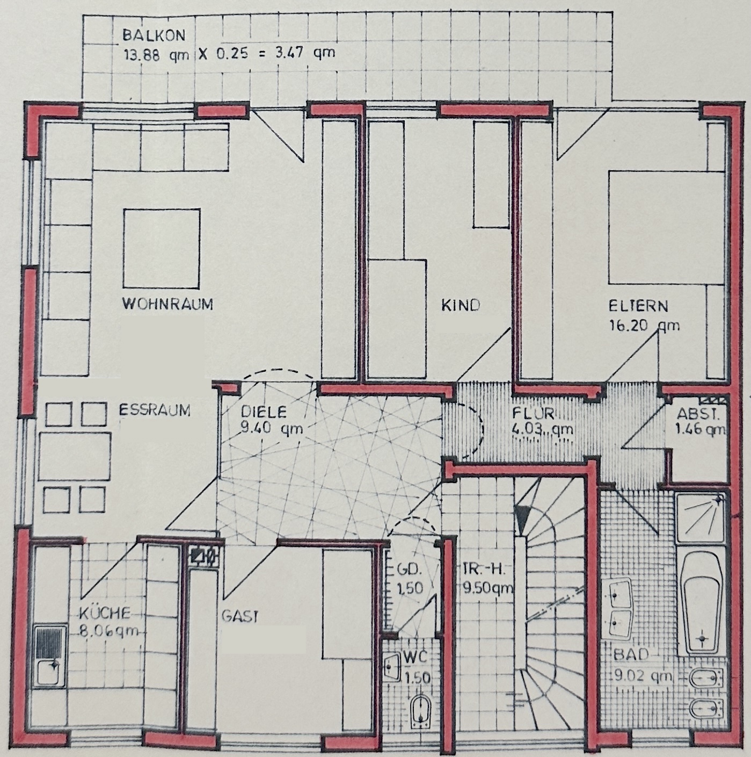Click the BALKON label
click(154, 36)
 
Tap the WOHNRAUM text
click(167, 304)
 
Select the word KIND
click(461, 305)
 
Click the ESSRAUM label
click(155, 410)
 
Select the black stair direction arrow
click(521, 520)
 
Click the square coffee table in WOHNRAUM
click(162, 248)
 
